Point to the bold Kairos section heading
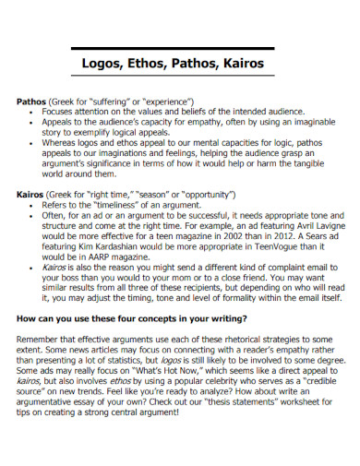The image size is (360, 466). point(34,196)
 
